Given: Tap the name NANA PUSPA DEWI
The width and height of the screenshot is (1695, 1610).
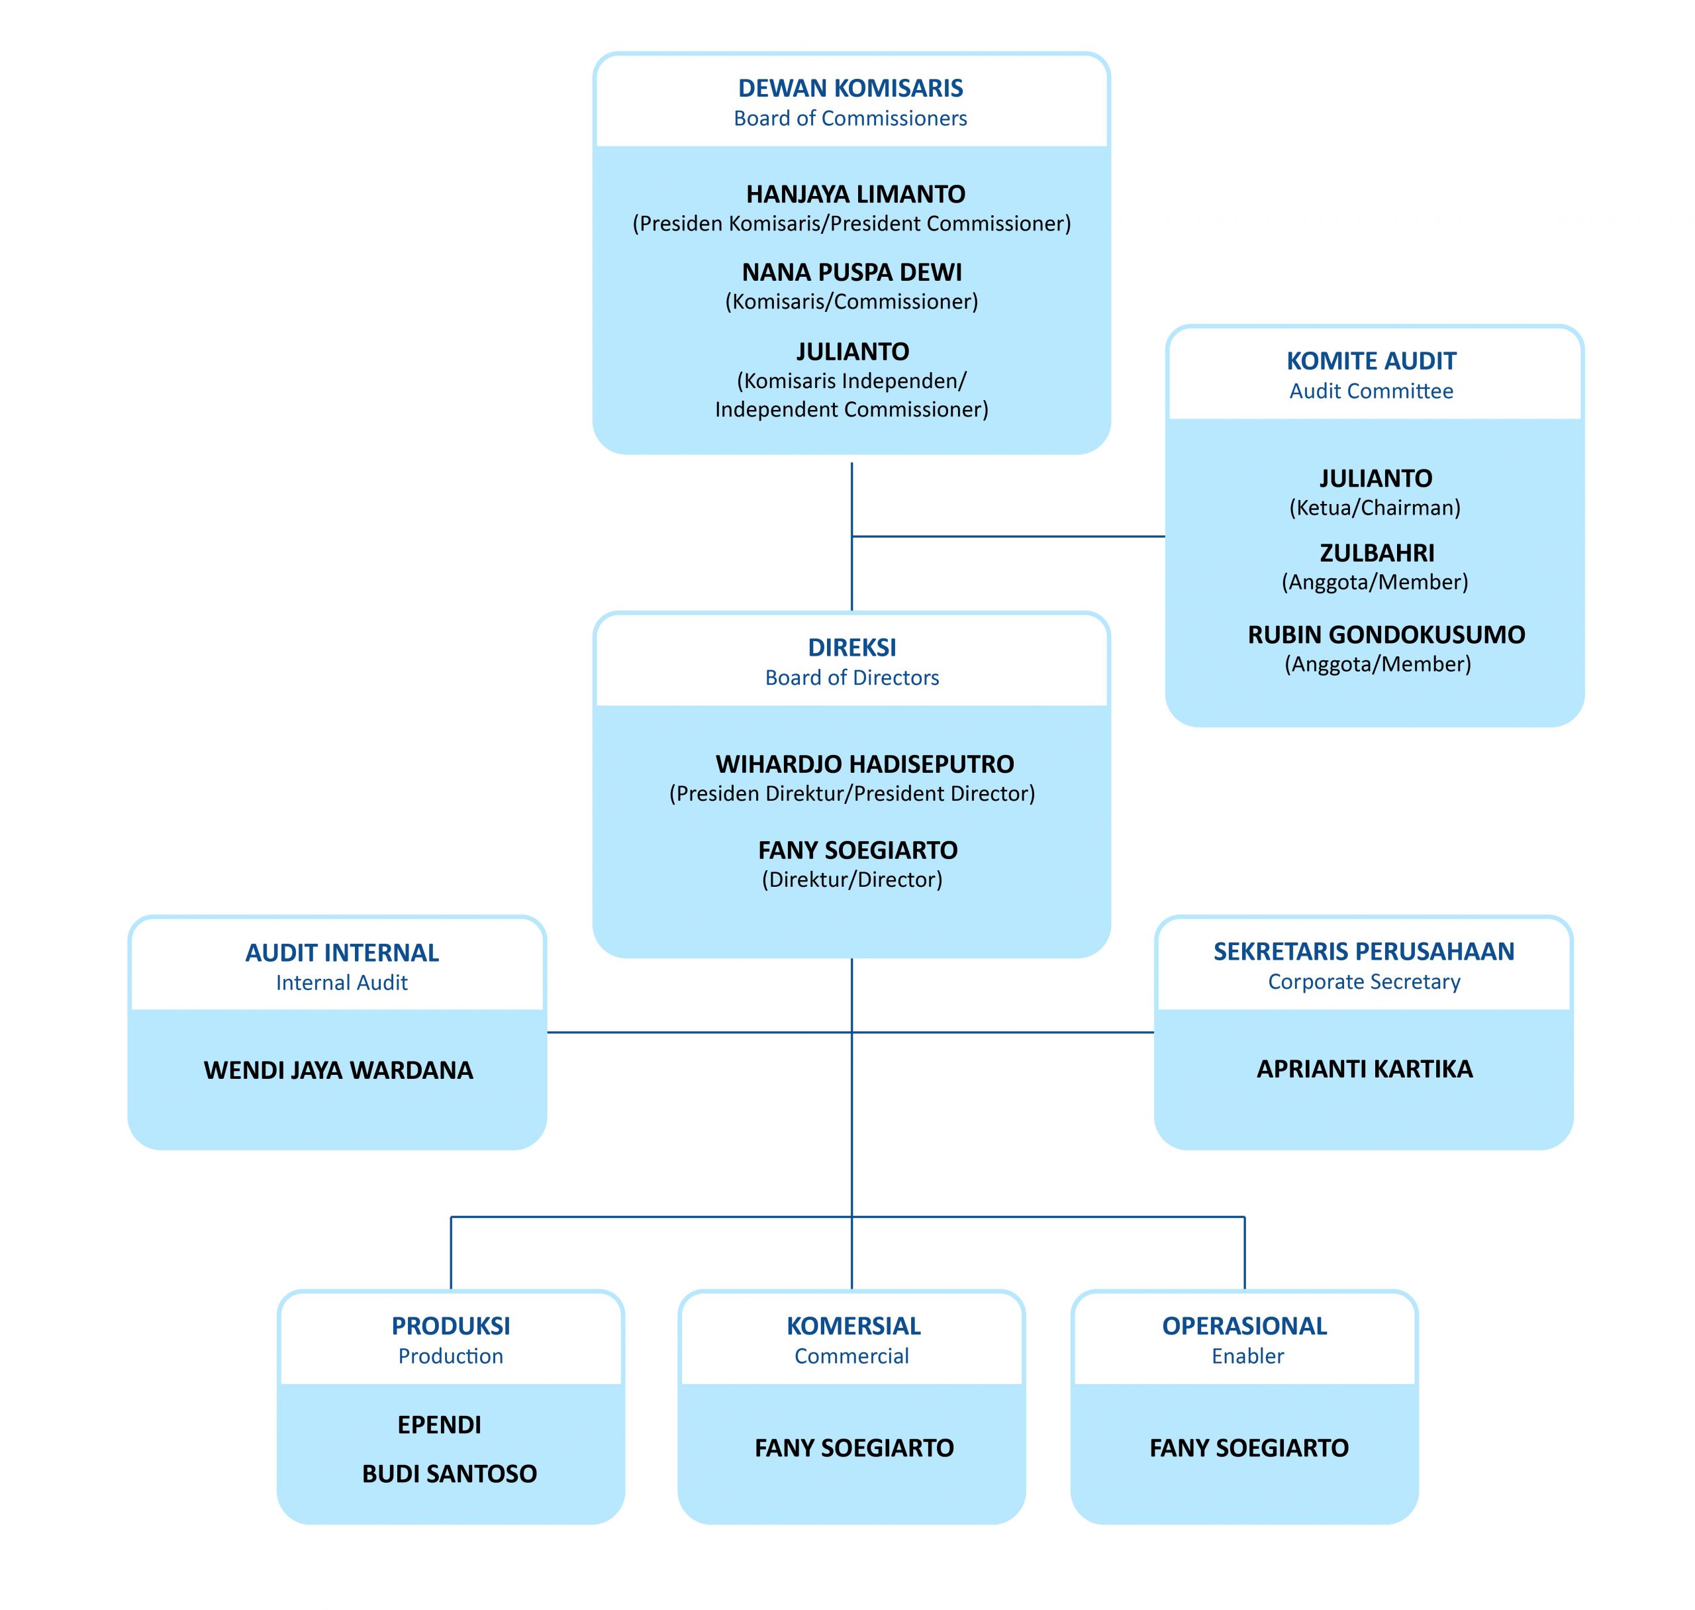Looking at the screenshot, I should [x=851, y=272].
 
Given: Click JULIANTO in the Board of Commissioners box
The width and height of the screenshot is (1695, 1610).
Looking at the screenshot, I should [x=851, y=351].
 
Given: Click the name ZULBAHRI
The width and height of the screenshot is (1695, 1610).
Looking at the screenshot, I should [x=1375, y=553].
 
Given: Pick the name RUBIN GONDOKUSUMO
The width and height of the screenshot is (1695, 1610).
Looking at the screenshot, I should [x=1384, y=634].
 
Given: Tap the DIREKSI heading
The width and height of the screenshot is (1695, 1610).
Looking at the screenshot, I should [x=851, y=647].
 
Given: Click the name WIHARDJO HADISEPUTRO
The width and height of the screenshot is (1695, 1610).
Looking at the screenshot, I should [x=864, y=763].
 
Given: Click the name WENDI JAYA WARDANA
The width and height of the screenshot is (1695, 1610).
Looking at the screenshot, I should [x=338, y=1070].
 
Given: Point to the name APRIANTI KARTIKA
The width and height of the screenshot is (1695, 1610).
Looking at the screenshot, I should [x=1363, y=1068].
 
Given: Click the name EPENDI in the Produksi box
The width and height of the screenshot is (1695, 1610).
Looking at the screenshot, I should [x=438, y=1424].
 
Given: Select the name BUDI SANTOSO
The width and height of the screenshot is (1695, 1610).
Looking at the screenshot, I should [x=449, y=1473].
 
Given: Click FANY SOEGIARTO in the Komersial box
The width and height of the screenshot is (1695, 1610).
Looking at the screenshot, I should [x=853, y=1447].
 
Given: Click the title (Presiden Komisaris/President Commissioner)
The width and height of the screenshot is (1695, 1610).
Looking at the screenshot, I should [x=851, y=223].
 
